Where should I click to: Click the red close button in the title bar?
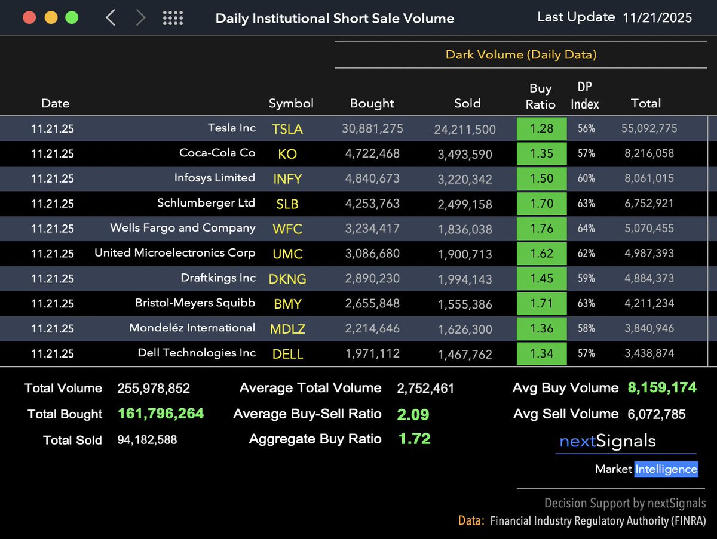pos(29,17)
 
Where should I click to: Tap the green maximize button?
pos(72,17)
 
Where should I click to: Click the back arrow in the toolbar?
pos(111,18)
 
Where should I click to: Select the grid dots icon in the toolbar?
pos(173,18)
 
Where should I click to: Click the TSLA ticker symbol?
pos(287,129)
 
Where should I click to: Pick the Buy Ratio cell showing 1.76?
pos(541,229)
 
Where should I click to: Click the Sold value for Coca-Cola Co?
pos(465,154)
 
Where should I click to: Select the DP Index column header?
pos(584,96)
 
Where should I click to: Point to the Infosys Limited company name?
pos(215,178)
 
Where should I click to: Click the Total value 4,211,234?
pos(649,303)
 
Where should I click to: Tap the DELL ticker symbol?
pos(287,354)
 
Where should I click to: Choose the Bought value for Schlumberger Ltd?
pos(372,204)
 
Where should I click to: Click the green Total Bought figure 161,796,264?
pos(161,414)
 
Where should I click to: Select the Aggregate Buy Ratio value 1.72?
pos(414,439)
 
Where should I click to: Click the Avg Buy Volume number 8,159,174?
pos(662,388)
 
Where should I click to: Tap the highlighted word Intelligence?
pos(666,469)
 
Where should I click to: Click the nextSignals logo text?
pos(607,442)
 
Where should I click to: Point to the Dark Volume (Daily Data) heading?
pos(521,55)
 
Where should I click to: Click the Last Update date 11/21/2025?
pos(657,17)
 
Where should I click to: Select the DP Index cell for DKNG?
pos(586,278)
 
